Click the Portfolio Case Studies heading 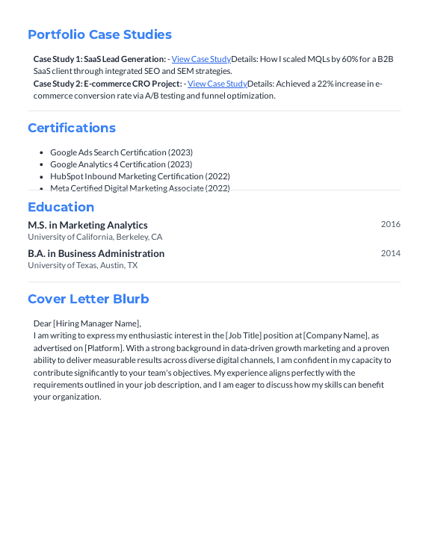coord(99,34)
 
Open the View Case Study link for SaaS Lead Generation coord(201,59)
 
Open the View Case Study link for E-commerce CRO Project coord(217,84)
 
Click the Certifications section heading coord(72,128)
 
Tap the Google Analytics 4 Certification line coord(121,164)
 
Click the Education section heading coord(61,207)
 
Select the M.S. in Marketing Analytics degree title coord(87,225)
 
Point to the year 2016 coord(390,224)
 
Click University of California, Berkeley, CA coord(95,237)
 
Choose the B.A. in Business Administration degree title coord(96,253)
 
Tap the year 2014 coord(390,253)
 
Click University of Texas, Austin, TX coord(82,265)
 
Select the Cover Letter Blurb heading coord(88,299)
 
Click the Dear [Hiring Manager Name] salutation coord(87,323)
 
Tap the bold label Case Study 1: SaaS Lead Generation coord(99,59)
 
